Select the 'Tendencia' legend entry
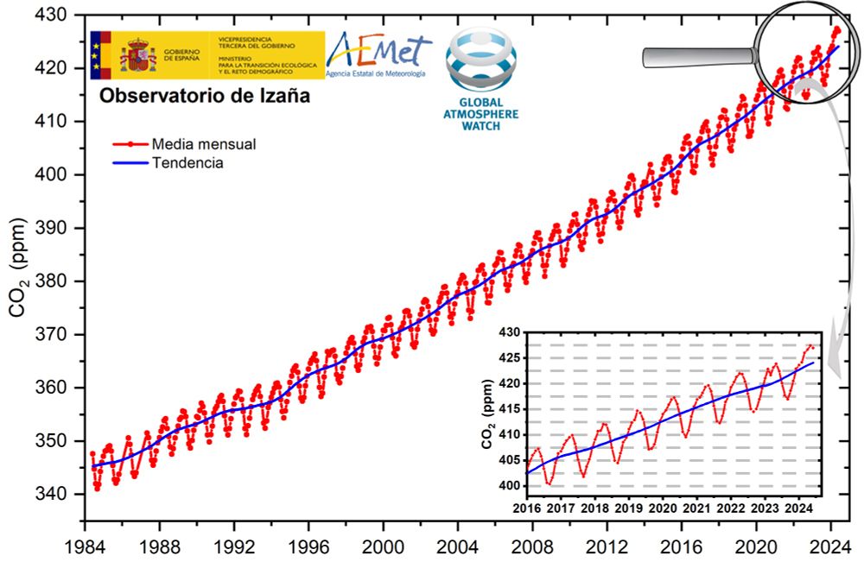tap(187, 162)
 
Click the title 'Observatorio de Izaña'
tap(204, 97)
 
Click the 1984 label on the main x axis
tap(84, 546)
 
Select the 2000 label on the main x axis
tap(383, 546)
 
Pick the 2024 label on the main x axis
tap(831, 546)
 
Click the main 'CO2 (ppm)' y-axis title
tap(19, 268)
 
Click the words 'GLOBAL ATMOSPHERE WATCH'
tap(481, 112)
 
